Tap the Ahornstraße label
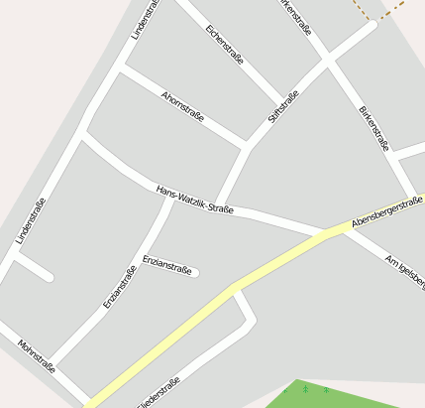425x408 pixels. click(182, 105)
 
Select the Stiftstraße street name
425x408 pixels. click(283, 107)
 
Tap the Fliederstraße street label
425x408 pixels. click(159, 393)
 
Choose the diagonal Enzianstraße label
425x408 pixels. click(120, 287)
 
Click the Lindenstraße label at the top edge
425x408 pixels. click(145, 20)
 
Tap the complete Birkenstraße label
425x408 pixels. click(373, 127)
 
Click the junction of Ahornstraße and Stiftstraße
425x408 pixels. click(247, 146)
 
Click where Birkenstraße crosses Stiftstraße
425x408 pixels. click(328, 61)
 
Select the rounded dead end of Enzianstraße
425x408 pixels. click(196, 271)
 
